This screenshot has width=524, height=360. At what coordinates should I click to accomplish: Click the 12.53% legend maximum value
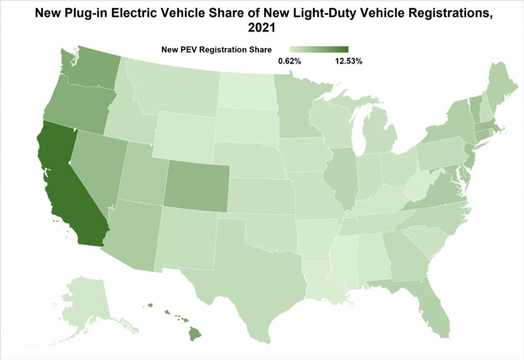point(348,61)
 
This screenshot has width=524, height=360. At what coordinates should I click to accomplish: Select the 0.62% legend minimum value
point(289,61)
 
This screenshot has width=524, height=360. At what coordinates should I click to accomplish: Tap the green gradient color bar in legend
point(319,50)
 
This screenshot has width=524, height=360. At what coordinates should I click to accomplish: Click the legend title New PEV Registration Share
point(216,50)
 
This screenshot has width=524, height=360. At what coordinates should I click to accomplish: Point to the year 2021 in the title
point(261,29)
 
